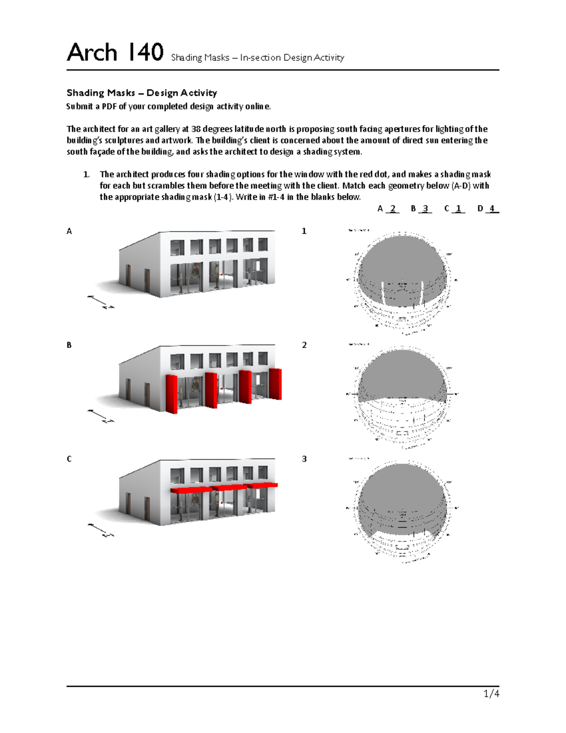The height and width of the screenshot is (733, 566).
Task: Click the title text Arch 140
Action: click(x=115, y=52)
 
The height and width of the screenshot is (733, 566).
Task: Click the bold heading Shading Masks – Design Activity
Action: click(x=141, y=93)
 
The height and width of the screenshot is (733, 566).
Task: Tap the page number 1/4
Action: click(x=491, y=693)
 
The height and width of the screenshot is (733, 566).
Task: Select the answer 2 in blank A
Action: click(x=392, y=208)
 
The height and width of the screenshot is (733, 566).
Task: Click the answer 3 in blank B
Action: click(x=425, y=208)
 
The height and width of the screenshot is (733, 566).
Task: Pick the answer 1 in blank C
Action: click(x=458, y=208)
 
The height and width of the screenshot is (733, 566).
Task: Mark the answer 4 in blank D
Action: click(x=491, y=208)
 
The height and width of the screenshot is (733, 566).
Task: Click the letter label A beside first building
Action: click(x=69, y=231)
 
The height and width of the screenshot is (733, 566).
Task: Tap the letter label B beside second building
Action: click(x=69, y=345)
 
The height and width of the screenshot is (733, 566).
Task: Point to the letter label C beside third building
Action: click(x=69, y=459)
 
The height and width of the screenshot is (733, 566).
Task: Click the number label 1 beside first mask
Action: click(x=304, y=231)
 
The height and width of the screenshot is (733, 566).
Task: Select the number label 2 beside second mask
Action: click(x=304, y=345)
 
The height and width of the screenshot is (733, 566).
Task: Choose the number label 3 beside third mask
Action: click(x=304, y=459)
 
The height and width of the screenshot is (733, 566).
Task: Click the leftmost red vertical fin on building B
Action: click(x=172, y=394)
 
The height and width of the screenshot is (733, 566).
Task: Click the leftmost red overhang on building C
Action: click(x=191, y=490)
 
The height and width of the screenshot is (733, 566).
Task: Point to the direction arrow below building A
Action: click(x=100, y=302)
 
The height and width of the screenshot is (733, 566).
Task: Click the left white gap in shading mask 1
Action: click(x=384, y=293)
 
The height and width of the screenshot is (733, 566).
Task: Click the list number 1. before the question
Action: click(x=86, y=175)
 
